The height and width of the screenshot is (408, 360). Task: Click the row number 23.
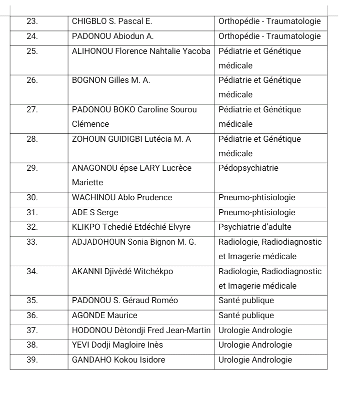coord(32,21)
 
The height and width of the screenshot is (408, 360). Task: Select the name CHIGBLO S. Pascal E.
coord(112,21)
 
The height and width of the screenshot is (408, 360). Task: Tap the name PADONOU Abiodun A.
coord(113,36)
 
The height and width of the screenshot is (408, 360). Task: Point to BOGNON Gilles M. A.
coord(111,80)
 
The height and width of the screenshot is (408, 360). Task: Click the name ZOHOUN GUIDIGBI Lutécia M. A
coord(131,139)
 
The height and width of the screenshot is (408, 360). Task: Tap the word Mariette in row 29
coord(87,183)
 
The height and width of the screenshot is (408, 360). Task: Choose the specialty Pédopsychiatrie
coord(248,168)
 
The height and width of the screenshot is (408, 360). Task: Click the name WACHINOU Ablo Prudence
coord(122,198)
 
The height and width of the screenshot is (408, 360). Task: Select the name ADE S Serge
coord(95,212)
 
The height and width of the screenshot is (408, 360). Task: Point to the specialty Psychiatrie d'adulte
coord(255,227)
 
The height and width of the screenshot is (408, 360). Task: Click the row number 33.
coord(32,242)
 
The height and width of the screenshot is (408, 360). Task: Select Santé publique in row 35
coord(246,301)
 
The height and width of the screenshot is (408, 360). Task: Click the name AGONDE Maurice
coord(104,316)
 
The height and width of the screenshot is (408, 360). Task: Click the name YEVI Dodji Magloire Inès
coord(117,345)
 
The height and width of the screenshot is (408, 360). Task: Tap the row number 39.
coord(32,360)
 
